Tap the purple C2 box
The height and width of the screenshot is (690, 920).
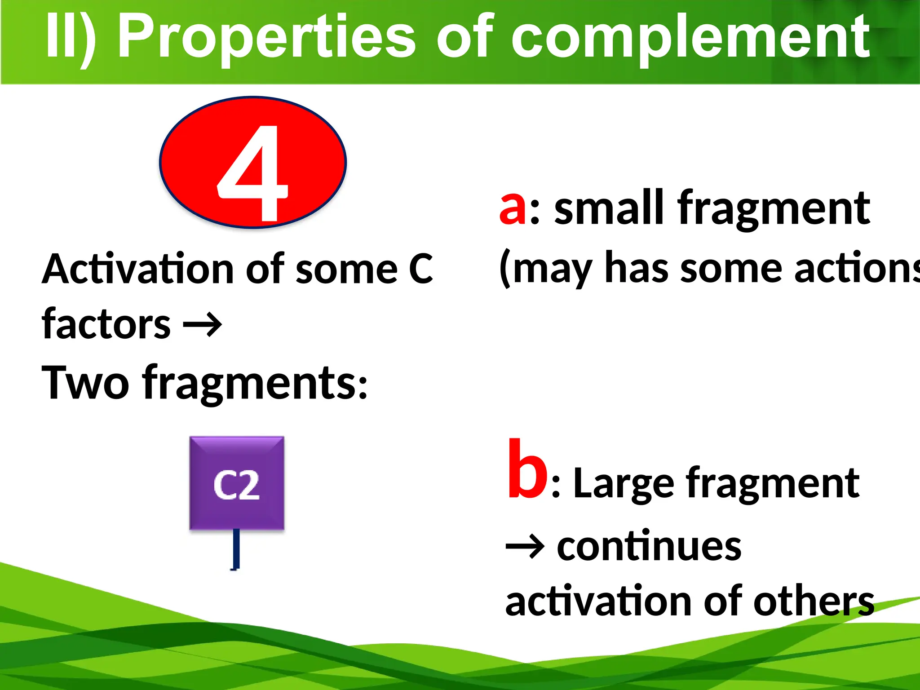(x=237, y=483)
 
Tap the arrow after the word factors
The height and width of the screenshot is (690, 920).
(x=203, y=324)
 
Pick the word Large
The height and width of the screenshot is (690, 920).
(x=624, y=484)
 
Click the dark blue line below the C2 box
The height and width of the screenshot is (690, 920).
(x=236, y=549)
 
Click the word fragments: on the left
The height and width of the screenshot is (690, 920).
(x=255, y=383)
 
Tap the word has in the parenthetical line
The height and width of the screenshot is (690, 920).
(x=636, y=269)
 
